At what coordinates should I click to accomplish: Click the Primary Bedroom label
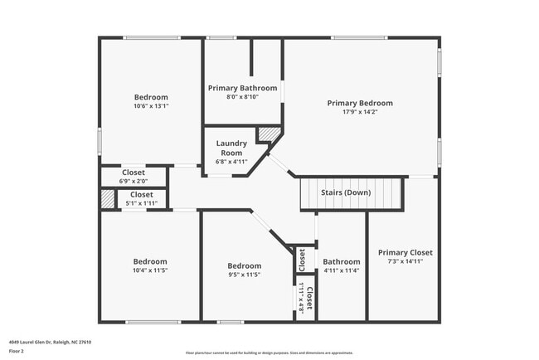[x=359, y=103]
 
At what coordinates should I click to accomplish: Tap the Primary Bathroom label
[x=242, y=88]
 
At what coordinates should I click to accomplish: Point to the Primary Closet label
[x=405, y=252]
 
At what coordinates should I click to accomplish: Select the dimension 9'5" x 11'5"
[x=244, y=275]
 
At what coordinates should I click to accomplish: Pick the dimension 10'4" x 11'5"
[x=150, y=270]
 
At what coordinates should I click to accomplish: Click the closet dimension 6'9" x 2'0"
[x=133, y=181]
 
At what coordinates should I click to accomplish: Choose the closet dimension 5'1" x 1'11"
[x=141, y=202]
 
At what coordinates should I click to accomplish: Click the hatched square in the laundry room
[x=268, y=134]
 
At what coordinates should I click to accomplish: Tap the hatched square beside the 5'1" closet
[x=108, y=198]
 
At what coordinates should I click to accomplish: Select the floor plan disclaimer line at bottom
[x=269, y=353]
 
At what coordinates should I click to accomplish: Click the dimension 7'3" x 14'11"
[x=405, y=261]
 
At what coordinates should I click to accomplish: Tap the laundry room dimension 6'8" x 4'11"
[x=231, y=162]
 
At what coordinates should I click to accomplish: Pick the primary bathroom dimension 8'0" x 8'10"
[x=242, y=97]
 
